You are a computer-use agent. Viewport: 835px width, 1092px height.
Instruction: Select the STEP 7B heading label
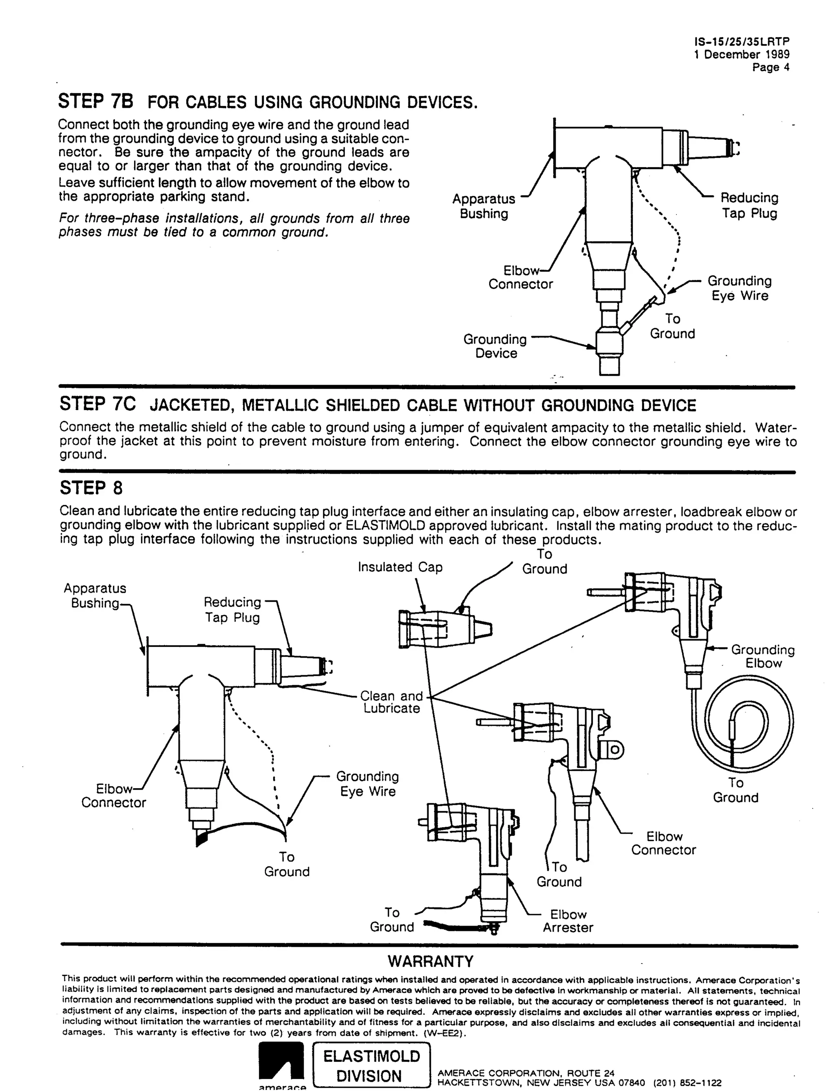[x=95, y=102]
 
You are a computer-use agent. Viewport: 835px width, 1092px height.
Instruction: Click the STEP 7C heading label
[x=97, y=404]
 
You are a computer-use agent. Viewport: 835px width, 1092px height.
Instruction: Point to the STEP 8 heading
[x=91, y=488]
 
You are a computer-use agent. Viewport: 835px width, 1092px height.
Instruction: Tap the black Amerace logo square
[x=281, y=1061]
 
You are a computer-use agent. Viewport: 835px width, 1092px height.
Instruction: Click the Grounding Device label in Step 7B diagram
[x=495, y=346]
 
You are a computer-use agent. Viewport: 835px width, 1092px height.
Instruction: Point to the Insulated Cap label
[x=400, y=567]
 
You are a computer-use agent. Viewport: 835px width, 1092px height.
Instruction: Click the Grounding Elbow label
[x=763, y=656]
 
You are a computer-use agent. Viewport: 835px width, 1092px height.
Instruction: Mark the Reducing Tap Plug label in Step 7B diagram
[x=749, y=205]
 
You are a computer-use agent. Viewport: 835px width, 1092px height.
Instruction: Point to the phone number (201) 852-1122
[x=687, y=1083]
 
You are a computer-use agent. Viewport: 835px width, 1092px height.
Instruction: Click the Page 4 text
[x=771, y=67]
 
